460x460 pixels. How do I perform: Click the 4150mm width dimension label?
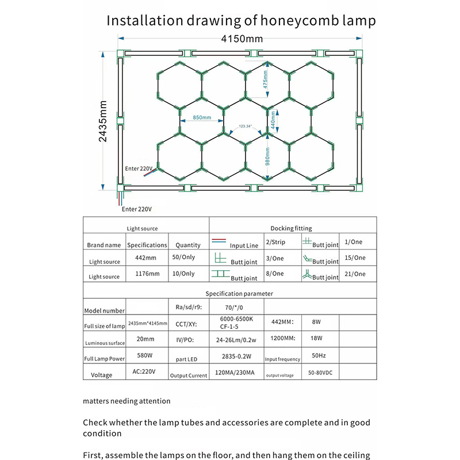(241, 40)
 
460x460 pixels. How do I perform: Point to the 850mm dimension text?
(202, 118)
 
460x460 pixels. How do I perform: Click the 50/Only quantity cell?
(185, 258)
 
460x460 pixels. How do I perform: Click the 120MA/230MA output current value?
(234, 373)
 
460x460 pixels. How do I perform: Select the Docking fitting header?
(290, 228)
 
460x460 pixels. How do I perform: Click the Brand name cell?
(104, 245)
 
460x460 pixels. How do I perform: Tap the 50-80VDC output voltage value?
(320, 373)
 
